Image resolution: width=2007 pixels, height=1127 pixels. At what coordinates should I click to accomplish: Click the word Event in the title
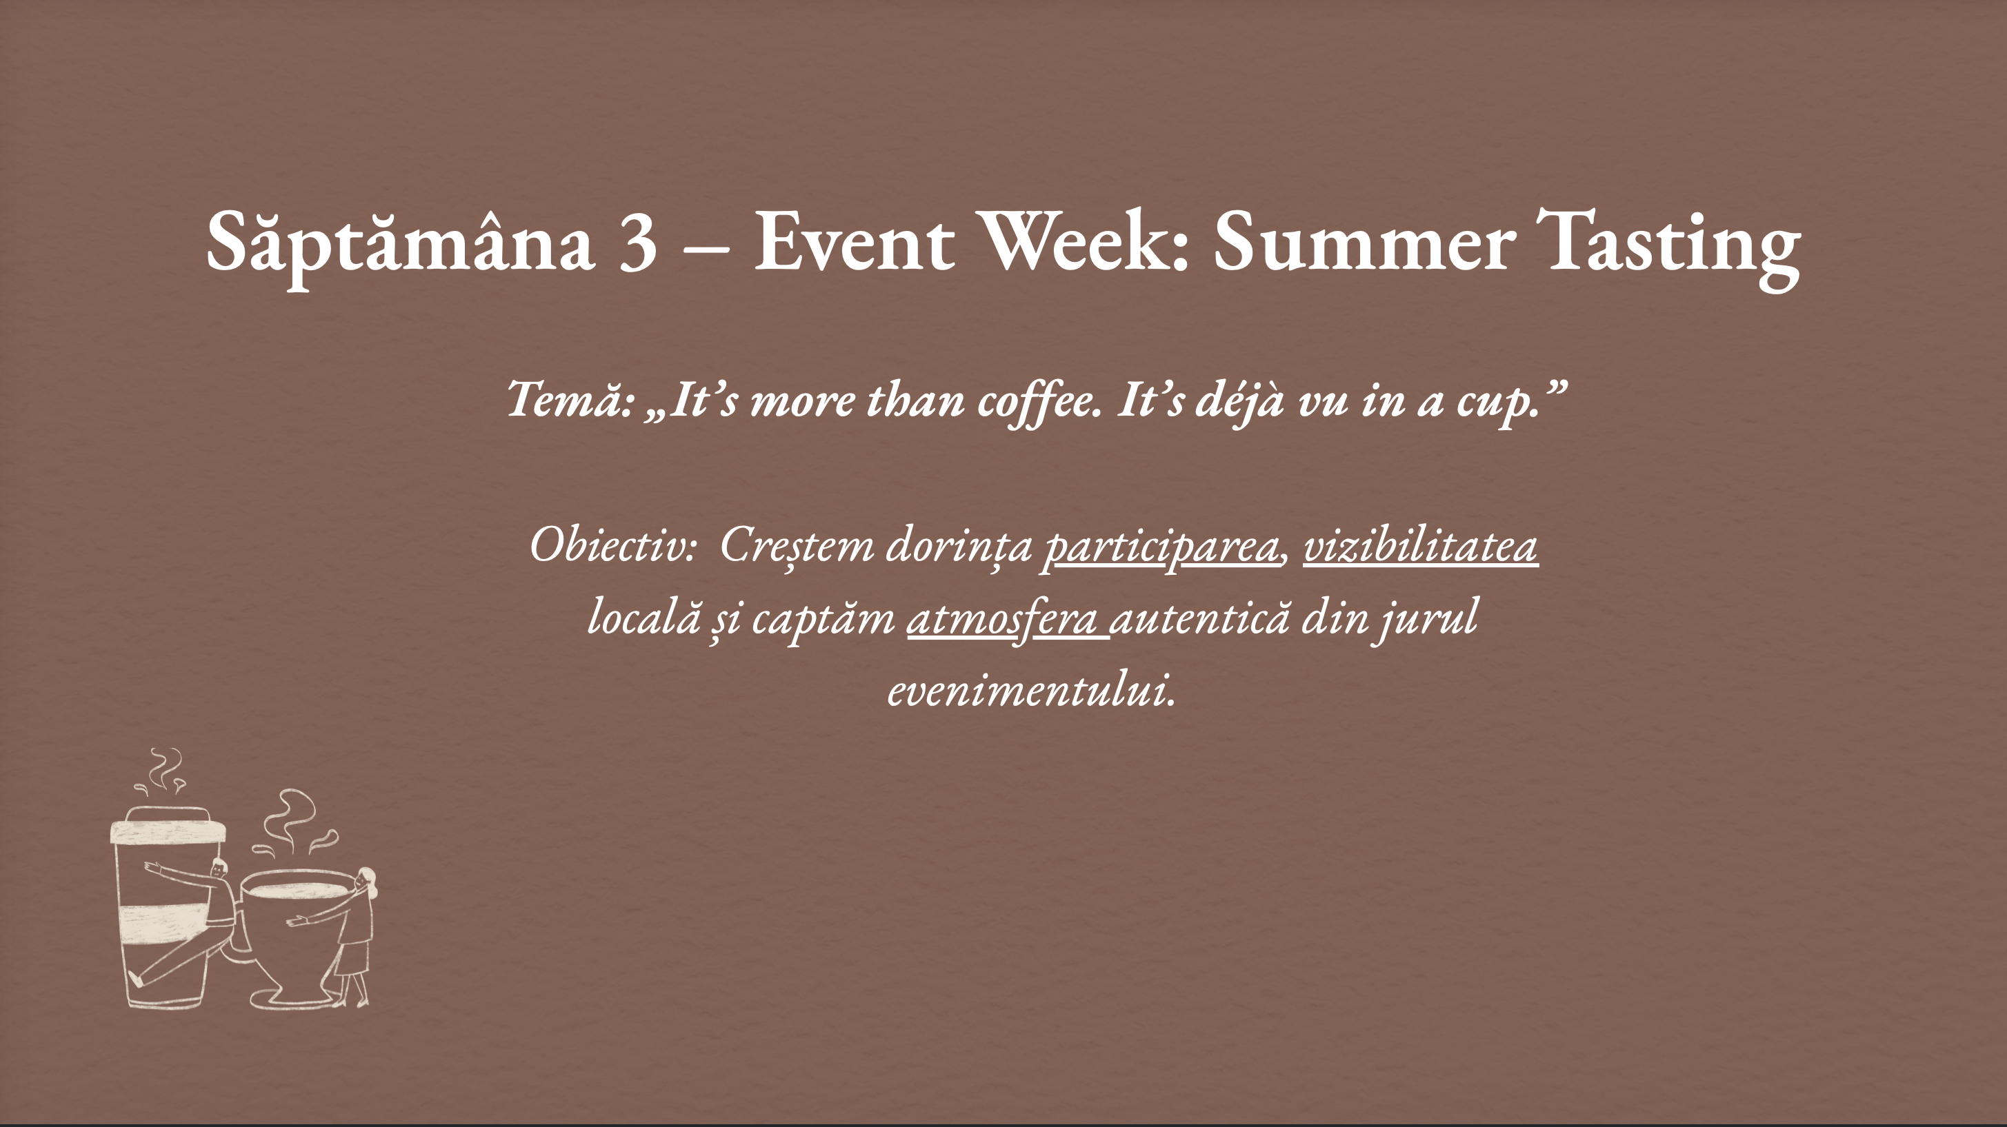[854, 241]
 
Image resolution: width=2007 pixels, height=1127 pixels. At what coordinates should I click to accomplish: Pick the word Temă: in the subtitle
[570, 400]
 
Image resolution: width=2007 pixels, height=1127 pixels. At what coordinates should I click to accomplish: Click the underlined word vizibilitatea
[1420, 545]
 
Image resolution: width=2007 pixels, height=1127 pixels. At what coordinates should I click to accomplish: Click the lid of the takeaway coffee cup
[168, 826]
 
